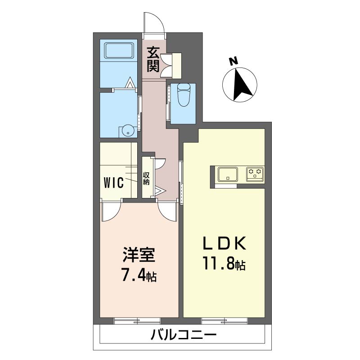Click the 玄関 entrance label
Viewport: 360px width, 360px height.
(x=153, y=59)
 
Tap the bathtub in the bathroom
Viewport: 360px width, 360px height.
(x=119, y=51)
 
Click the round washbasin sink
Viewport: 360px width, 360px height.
(x=128, y=131)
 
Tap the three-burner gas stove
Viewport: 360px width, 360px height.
(x=255, y=174)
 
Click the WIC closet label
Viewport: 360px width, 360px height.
(x=113, y=183)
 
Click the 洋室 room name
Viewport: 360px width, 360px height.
(x=139, y=255)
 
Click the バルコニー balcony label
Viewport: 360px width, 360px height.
(x=184, y=335)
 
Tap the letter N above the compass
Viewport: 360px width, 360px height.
(x=234, y=61)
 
